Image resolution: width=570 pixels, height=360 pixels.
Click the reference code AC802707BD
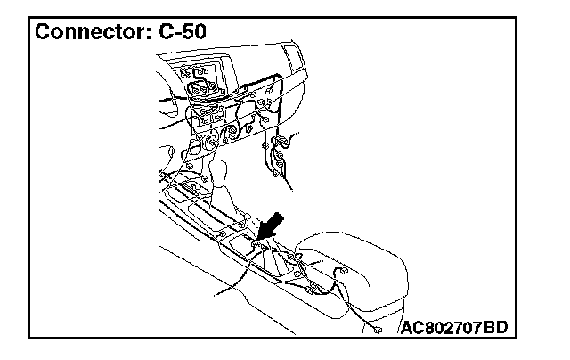pos(453,328)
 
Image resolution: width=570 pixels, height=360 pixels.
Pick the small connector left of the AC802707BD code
pos(379,331)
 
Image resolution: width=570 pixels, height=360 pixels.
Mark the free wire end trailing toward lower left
pos(214,295)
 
